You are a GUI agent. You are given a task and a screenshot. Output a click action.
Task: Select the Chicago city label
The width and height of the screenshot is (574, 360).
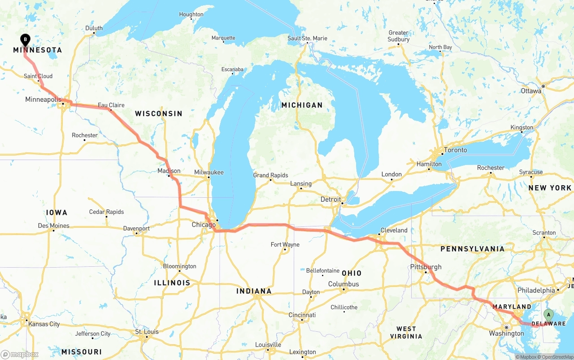click(x=204, y=225)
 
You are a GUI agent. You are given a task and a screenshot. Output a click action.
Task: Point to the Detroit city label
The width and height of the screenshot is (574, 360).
click(x=330, y=199)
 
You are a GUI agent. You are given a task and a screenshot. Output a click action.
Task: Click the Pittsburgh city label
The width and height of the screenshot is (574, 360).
click(x=426, y=267)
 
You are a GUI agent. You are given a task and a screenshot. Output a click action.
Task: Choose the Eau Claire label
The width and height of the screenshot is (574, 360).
click(x=111, y=105)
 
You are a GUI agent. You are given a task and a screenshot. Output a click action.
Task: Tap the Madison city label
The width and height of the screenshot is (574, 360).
click(x=169, y=171)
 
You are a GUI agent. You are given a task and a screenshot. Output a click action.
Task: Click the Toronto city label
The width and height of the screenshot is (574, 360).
click(x=455, y=150)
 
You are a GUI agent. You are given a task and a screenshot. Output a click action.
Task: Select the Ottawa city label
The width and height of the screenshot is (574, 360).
click(x=531, y=91)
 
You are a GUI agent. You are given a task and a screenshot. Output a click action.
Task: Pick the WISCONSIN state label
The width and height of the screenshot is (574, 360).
click(x=159, y=113)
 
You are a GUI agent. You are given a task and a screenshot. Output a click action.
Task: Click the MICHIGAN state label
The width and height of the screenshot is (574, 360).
click(x=302, y=105)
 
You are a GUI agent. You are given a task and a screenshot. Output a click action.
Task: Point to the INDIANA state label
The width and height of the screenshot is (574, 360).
click(x=254, y=291)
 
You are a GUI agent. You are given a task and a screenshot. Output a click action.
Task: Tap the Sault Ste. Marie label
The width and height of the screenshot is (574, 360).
click(x=307, y=38)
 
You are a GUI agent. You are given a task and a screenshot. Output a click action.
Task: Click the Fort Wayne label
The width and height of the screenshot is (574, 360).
click(x=285, y=244)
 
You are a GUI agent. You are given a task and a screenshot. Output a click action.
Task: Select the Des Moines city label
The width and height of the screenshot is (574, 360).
click(x=53, y=226)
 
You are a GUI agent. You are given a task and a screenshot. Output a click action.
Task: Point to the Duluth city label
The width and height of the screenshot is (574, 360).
click(x=94, y=28)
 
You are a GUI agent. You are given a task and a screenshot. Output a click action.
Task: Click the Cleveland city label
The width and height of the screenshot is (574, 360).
click(x=394, y=230)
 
